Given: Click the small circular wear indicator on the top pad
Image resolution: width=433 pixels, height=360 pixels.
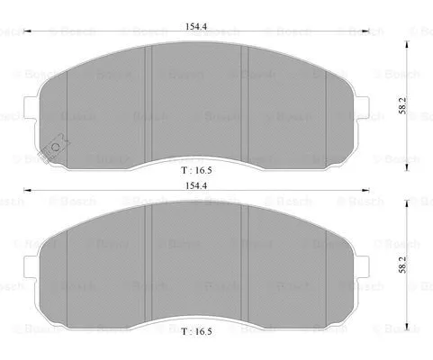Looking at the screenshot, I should (57, 145).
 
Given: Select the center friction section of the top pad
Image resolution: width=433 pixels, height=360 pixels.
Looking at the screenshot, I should (198, 103).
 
